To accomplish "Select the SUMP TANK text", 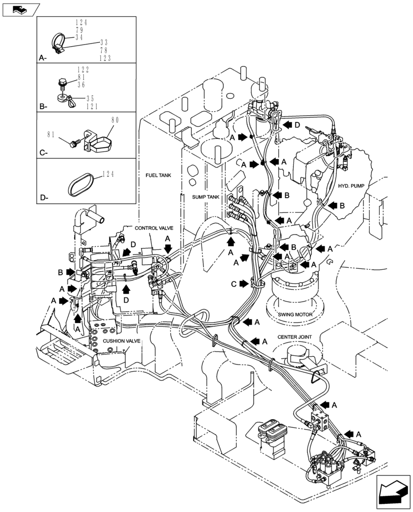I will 205,197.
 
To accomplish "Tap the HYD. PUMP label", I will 351,186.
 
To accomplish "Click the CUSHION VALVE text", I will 121,341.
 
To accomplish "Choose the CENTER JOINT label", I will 295,337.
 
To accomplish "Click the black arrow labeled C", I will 244,283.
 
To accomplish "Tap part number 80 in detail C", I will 114,121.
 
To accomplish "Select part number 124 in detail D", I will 107,175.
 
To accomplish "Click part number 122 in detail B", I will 83,69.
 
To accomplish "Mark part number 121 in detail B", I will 92,106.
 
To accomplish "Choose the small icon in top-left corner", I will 20,9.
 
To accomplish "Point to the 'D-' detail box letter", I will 43,197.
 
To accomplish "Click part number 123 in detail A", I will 105,58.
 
